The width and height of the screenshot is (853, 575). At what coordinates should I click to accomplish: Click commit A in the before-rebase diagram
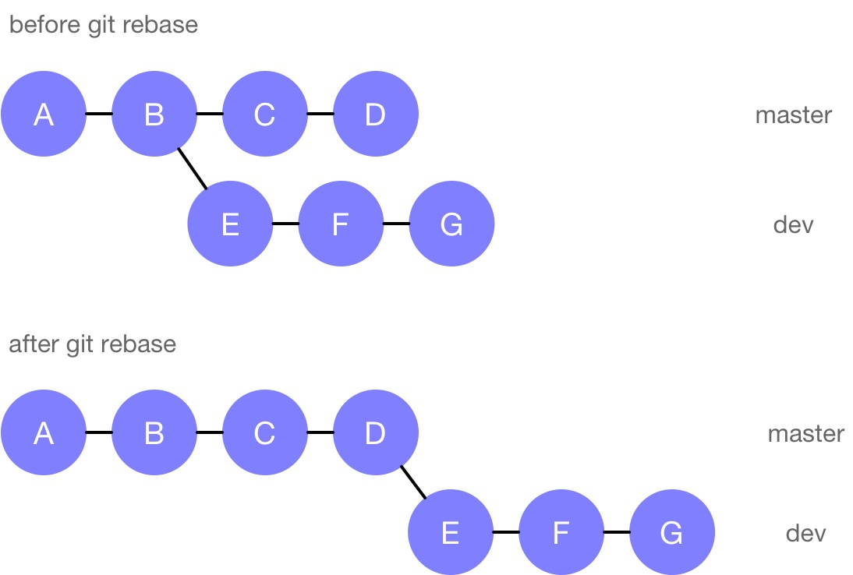point(43,115)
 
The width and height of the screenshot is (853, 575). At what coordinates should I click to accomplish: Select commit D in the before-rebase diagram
point(376,115)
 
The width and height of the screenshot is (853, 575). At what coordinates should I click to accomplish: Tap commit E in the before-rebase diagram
point(230,224)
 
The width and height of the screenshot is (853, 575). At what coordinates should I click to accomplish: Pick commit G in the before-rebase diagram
point(451,224)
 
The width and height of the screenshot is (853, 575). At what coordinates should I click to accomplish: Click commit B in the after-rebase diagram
point(154,432)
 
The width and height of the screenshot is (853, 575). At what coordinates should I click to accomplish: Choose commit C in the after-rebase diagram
point(264,432)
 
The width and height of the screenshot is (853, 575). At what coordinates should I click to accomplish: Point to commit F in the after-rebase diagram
point(561,533)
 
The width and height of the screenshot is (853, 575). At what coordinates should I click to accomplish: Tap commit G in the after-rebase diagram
point(671,533)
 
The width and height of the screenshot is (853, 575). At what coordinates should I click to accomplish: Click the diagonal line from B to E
point(193,168)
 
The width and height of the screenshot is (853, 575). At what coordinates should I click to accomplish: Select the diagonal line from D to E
point(413,483)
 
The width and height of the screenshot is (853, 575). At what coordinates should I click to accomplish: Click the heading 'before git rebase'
point(103,25)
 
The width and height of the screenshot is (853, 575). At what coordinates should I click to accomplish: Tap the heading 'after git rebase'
point(92,344)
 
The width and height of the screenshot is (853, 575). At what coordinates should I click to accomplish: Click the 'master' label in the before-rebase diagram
point(793,115)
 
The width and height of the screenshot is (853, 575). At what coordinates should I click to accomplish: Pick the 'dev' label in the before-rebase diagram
point(793,225)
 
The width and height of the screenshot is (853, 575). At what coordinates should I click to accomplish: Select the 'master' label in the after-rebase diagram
point(805,433)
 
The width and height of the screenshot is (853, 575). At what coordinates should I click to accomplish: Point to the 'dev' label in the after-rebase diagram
point(805,534)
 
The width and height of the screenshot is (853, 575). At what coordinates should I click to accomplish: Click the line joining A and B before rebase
point(98,115)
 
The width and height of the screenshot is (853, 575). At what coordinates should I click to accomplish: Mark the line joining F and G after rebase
point(616,533)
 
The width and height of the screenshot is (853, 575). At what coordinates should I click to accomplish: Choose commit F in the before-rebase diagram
point(341,224)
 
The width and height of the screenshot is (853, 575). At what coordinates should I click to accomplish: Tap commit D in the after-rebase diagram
point(376,432)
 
